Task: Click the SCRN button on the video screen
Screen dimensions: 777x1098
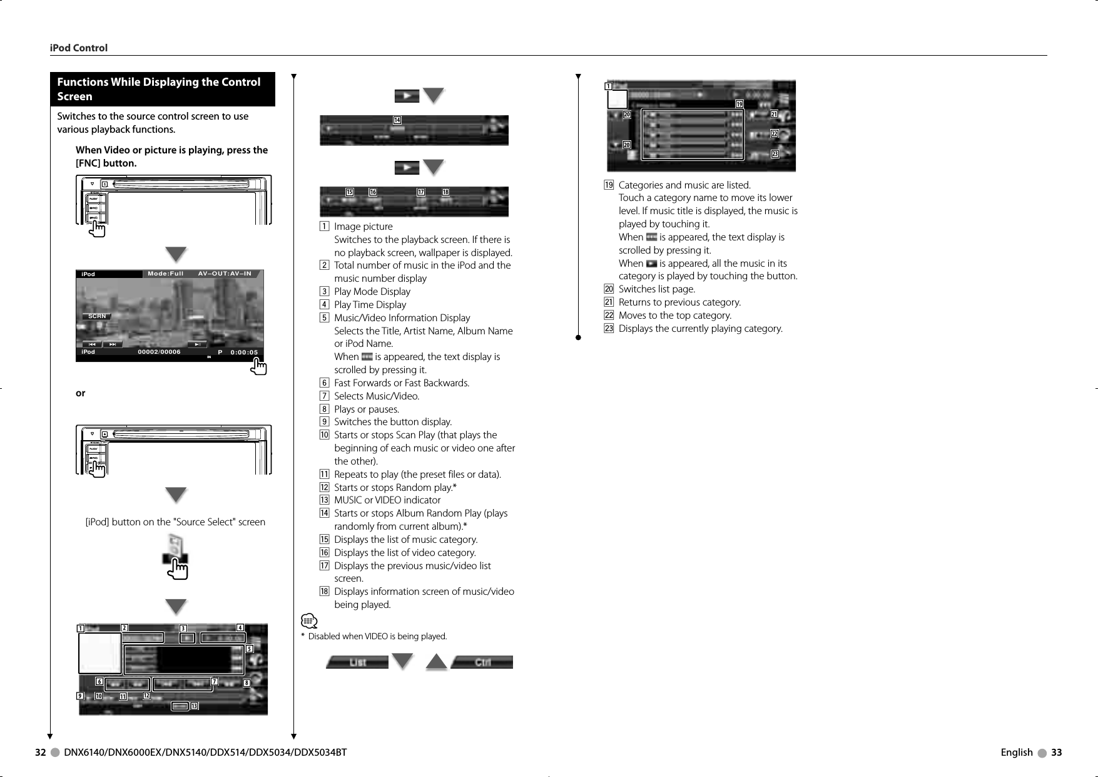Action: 97,316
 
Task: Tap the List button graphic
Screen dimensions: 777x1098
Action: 357,662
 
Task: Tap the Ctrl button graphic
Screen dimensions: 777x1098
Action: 482,662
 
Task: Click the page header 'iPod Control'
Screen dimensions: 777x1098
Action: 79,48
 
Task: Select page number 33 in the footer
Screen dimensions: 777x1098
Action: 1056,753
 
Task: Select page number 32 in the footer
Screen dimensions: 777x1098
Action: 41,753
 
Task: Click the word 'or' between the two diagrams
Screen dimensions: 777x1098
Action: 81,393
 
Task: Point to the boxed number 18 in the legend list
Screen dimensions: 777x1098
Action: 324,592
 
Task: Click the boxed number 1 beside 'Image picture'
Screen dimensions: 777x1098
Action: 324,227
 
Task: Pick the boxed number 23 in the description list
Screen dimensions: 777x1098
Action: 609,329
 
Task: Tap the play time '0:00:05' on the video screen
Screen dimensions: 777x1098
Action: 244,352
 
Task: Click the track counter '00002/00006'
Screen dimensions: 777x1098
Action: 159,352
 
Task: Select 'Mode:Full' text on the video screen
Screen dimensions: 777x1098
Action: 166,274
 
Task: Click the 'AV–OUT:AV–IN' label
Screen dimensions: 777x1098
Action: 225,274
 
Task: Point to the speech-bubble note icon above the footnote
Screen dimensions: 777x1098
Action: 308,621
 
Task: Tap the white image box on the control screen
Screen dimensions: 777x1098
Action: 100,653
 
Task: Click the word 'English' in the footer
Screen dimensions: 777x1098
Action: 1017,753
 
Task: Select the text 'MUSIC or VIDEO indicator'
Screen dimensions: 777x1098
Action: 387,500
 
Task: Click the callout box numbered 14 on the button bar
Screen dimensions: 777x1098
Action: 397,120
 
